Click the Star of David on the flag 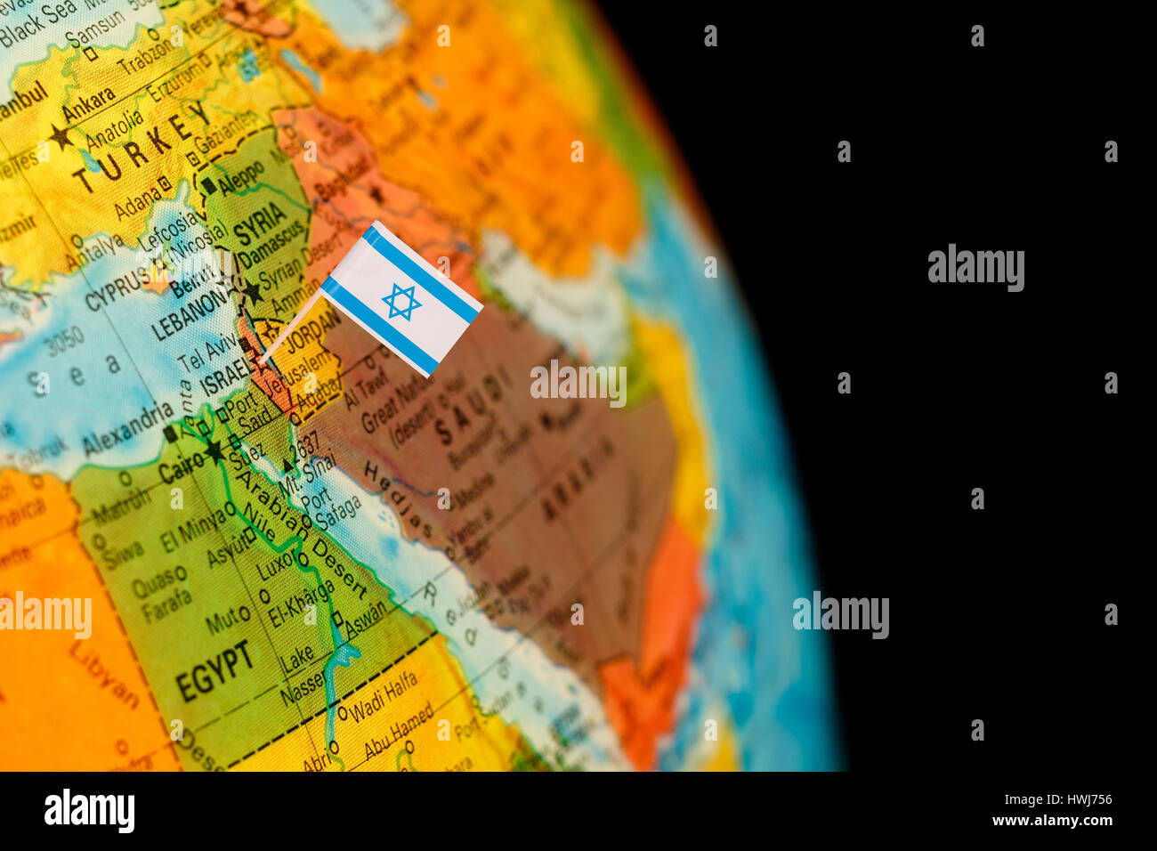[x=401, y=302]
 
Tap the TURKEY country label [x=142, y=146]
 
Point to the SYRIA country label [x=260, y=222]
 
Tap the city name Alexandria [x=128, y=428]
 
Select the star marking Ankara [x=61, y=136]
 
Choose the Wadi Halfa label [x=383, y=699]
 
